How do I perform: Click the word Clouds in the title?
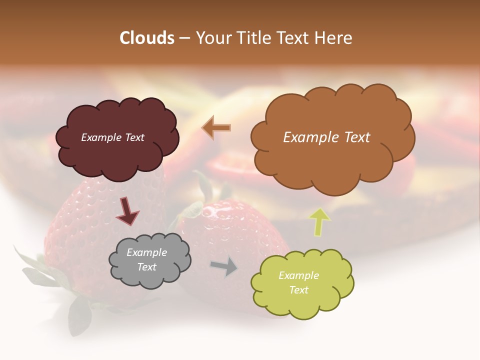click(147, 38)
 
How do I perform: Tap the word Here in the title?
click(334, 38)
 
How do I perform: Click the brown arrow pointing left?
click(216, 127)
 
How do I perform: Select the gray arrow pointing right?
click(224, 266)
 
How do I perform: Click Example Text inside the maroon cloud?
click(112, 137)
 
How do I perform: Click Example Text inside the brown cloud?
click(326, 137)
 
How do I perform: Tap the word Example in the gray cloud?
click(146, 252)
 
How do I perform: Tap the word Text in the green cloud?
click(298, 290)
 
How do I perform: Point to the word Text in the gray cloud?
click(146, 267)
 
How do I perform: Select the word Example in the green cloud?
click(298, 275)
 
